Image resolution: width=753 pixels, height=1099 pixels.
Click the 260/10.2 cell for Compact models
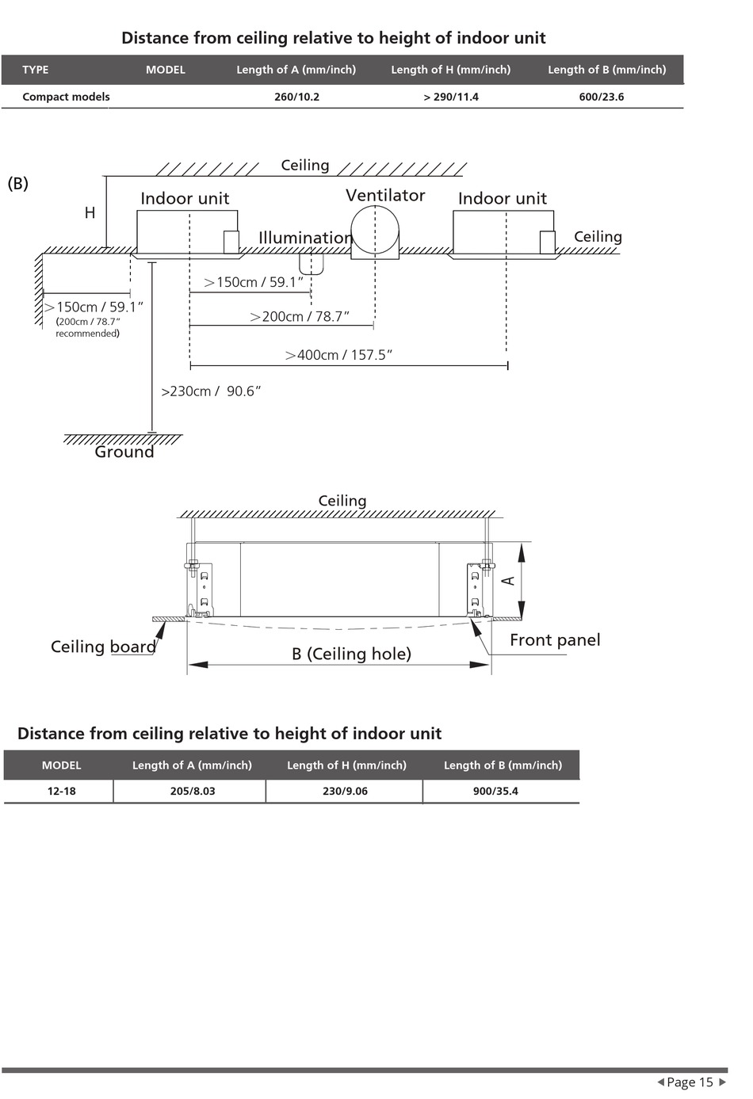pos(296,97)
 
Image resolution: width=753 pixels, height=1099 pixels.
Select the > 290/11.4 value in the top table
pos(451,97)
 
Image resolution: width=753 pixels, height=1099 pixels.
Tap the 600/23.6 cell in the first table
pos(602,97)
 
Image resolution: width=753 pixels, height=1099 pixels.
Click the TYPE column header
pos(36,70)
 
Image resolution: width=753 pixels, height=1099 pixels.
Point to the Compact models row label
pos(66,97)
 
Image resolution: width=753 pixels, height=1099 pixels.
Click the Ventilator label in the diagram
pos(385,195)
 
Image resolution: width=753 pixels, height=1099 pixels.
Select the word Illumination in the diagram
pos(305,238)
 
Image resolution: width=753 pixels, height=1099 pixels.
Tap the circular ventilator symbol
pos(375,229)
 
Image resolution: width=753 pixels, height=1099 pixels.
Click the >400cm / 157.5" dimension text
pos(338,355)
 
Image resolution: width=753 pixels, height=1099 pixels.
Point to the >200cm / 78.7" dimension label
pos(300,316)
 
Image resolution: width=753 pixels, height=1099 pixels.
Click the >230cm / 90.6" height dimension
pos(211,391)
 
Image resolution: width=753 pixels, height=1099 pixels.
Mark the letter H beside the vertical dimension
pos(90,213)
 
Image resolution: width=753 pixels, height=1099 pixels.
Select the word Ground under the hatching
pos(124,452)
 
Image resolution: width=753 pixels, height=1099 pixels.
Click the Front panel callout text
pos(555,639)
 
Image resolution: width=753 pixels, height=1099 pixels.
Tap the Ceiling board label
pos(104,647)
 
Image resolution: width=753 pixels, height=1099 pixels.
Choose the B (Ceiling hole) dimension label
pos(351,654)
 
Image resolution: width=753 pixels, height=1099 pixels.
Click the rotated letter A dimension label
pos(509,581)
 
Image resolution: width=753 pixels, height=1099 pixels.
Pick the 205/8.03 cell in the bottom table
pos(193,792)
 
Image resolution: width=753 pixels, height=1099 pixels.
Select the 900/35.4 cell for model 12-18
pos(495,792)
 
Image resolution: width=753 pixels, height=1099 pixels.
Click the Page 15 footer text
pos(690,1082)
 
